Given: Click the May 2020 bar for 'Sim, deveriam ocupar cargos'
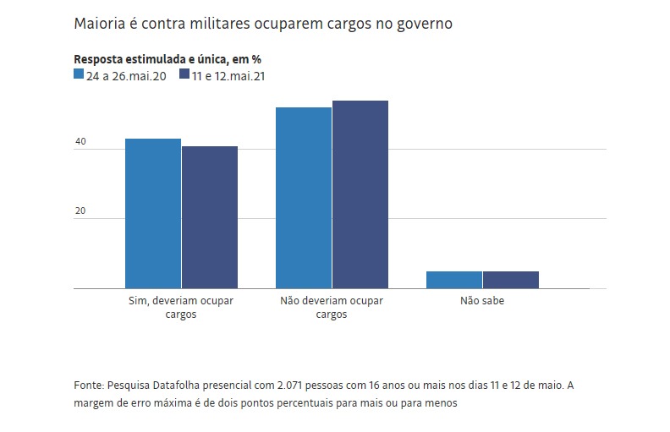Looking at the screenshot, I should pyautogui.click(x=153, y=214).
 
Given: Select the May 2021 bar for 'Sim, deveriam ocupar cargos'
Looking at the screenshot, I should pyautogui.click(x=210, y=217).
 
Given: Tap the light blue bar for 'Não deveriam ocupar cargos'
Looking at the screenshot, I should pyautogui.click(x=304, y=198).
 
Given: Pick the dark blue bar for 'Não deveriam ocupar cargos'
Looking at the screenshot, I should pyautogui.click(x=360, y=194).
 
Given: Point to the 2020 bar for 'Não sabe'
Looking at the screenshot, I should pyautogui.click(x=454, y=280).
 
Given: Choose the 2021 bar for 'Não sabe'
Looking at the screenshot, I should pyautogui.click(x=511, y=280).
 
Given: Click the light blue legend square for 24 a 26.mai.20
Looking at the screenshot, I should pyautogui.click(x=79, y=74).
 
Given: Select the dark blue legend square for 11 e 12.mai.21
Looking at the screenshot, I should pyautogui.click(x=184, y=74).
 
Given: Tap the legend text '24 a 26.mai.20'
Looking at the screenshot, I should pyautogui.click(x=125, y=75).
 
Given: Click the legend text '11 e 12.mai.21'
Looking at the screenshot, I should pyautogui.click(x=229, y=75).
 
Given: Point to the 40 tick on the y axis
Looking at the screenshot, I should pyautogui.click(x=80, y=142).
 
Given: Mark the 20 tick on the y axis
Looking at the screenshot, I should pyautogui.click(x=80, y=211).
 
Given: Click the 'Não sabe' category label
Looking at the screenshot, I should pyautogui.click(x=482, y=301).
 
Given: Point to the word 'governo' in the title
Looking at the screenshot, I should pyautogui.click(x=422, y=24).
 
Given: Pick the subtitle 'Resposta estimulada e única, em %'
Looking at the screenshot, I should pyautogui.click(x=167, y=59).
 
